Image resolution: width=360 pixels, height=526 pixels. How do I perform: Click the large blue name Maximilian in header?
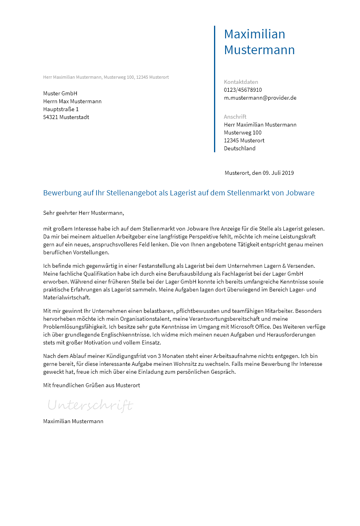tap(254, 34)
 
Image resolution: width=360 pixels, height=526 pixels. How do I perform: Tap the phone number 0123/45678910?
tap(243, 90)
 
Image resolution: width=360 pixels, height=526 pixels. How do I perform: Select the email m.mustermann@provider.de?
tap(260, 98)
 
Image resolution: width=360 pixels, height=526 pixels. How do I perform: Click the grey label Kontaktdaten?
tap(241, 82)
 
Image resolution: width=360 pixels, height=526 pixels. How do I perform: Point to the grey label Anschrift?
tap(235, 117)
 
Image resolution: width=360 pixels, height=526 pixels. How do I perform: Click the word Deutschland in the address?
tap(239, 148)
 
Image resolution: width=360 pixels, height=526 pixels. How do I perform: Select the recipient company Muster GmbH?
tap(60, 93)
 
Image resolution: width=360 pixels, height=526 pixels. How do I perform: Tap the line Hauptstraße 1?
tap(61, 109)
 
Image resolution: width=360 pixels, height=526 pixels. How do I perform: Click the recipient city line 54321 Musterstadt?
tap(66, 117)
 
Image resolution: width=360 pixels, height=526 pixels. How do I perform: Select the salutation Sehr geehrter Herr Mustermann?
tap(83, 213)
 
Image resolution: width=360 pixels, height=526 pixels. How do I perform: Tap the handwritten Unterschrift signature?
tap(90, 405)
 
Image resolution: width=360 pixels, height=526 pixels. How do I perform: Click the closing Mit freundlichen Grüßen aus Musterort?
tap(91, 385)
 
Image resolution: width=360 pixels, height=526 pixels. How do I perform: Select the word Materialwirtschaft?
tap(66, 297)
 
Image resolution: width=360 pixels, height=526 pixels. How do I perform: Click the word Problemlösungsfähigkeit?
tap(75, 327)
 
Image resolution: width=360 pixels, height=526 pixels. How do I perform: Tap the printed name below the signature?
tap(73, 421)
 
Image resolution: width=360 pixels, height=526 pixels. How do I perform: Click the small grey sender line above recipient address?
tap(106, 77)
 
